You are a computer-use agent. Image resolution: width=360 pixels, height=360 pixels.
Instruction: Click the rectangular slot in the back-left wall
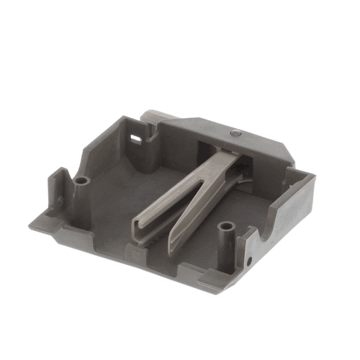(135, 134)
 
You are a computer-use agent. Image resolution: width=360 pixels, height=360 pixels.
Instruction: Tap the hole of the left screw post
(81, 180)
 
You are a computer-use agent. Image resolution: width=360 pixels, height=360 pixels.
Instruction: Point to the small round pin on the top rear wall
(235, 133)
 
